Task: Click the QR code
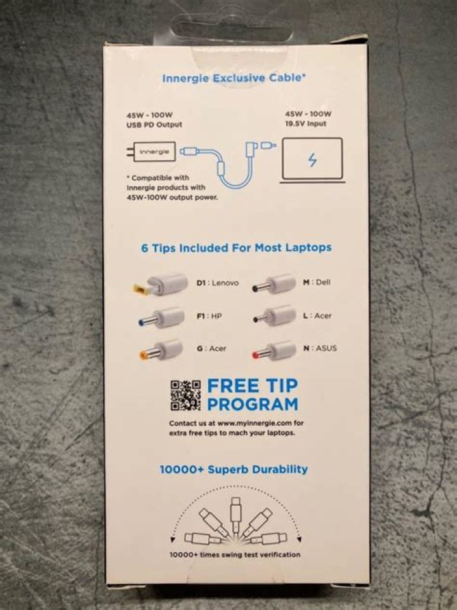coord(185,395)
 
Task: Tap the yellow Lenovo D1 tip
coord(161,284)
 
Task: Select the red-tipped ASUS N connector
coord(274,351)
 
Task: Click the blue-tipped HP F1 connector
coord(161,318)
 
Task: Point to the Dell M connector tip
coord(274,283)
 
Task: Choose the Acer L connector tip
coord(274,316)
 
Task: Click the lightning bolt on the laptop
coord(312,160)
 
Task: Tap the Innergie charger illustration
coord(150,152)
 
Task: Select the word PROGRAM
coord(253,405)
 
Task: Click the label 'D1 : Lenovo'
coord(218,283)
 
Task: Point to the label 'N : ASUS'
coord(320,348)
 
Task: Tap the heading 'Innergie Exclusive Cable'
coord(234,78)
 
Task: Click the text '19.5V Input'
coord(306,124)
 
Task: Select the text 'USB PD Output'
coord(154,125)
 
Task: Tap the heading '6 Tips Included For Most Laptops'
coord(236,248)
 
